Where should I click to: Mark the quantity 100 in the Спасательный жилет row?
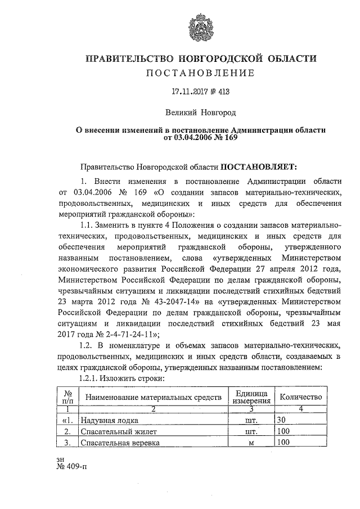click(x=284, y=431)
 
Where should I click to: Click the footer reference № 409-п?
click(x=72, y=467)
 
